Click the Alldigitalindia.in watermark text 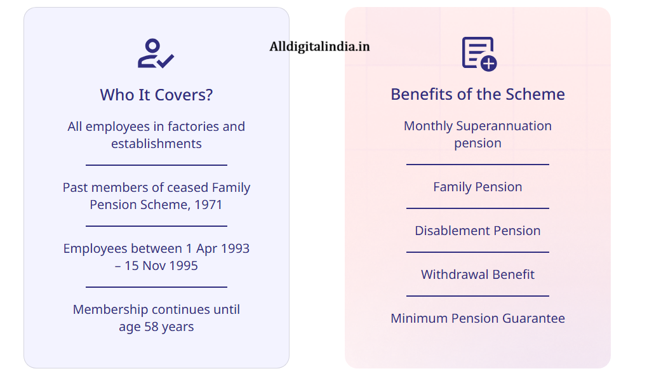[x=319, y=46]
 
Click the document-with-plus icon [x=479, y=53]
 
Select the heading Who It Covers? [x=156, y=95]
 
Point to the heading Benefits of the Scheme [x=477, y=94]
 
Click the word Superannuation [x=504, y=126]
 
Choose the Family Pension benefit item [x=477, y=187]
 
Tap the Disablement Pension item [x=477, y=231]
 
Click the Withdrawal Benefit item [x=477, y=274]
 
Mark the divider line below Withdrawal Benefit [x=477, y=296]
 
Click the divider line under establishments [x=156, y=165]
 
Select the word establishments [x=156, y=144]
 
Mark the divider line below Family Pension [x=477, y=208]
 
